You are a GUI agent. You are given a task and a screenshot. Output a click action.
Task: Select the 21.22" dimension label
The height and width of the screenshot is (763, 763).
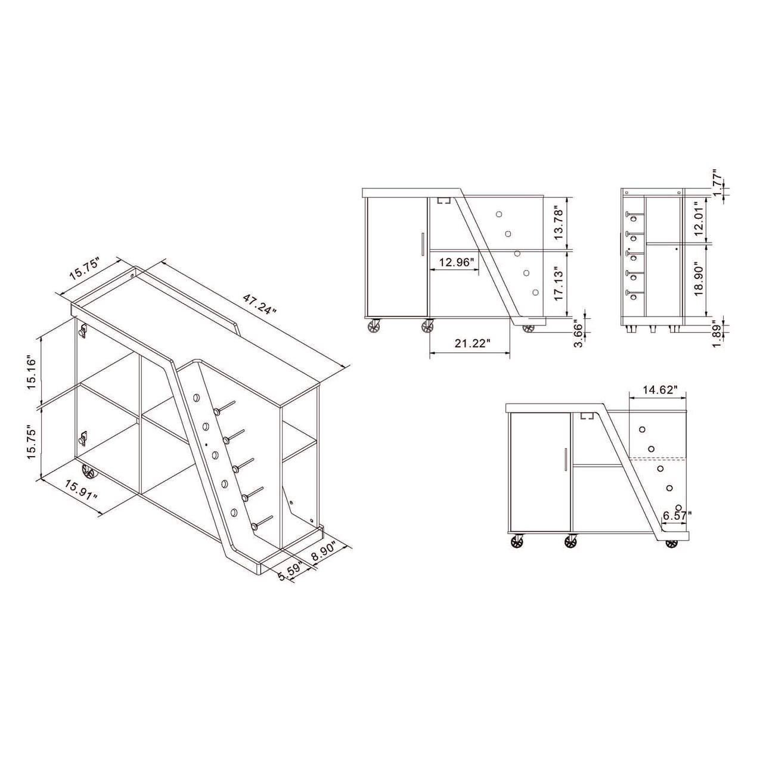[x=470, y=343]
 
